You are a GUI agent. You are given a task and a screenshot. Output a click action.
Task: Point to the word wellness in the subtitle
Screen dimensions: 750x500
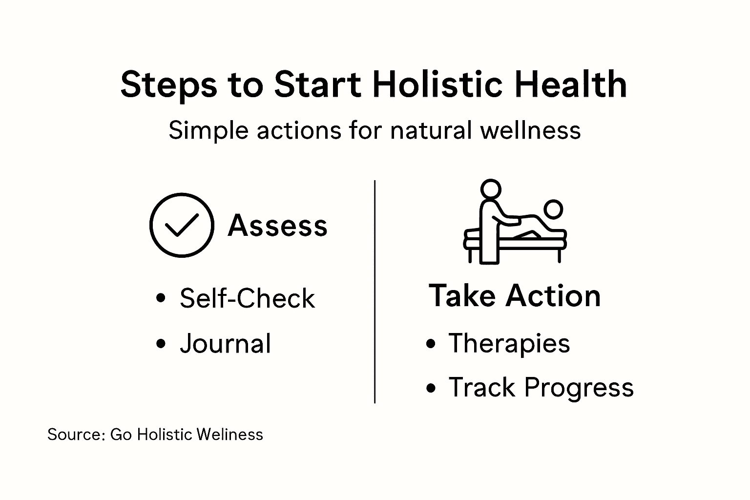(530, 130)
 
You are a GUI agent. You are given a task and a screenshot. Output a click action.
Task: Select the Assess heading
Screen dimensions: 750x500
(277, 226)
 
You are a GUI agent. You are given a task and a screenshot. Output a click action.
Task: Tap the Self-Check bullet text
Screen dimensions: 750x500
(248, 298)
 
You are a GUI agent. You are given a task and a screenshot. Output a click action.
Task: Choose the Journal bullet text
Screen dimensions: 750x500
(225, 344)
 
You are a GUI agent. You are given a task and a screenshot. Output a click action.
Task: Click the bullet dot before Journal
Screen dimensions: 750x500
(161, 344)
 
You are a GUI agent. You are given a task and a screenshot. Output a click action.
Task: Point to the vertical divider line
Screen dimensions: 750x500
(375, 292)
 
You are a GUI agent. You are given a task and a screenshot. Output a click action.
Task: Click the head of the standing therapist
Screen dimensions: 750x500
(491, 189)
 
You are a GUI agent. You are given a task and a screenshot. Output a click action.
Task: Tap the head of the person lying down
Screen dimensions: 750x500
(553, 209)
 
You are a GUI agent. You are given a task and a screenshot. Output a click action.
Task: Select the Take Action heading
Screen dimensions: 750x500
(515, 295)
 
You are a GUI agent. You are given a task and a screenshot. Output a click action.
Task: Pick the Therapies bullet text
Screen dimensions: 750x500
(509, 344)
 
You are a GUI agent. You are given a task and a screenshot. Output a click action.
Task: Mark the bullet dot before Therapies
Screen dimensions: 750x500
(431, 344)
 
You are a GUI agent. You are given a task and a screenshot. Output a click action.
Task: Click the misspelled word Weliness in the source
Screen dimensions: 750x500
(229, 435)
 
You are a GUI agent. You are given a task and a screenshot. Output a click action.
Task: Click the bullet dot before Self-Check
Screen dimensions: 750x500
(161, 298)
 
